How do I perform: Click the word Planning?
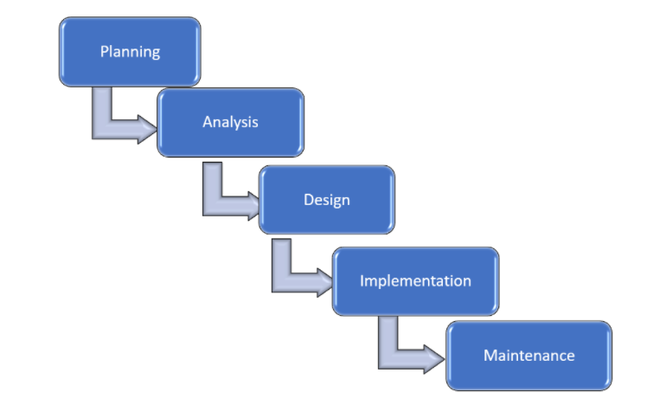[x=130, y=51]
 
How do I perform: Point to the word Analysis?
[x=230, y=121]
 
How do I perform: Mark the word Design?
[x=327, y=200]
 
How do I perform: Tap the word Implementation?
[x=415, y=280]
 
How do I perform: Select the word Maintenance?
[x=529, y=355]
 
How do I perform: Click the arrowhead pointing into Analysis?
[x=146, y=129]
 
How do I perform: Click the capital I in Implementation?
[x=362, y=280]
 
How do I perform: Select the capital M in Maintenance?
[x=490, y=355]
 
